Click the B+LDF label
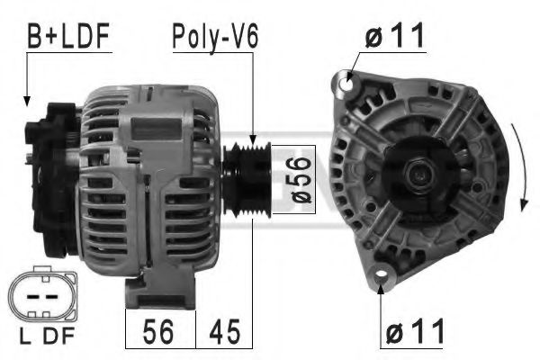pyautogui.click(x=67, y=37)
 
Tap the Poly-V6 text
pyautogui.click(x=216, y=37)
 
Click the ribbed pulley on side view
pyautogui.click(x=244, y=171)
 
